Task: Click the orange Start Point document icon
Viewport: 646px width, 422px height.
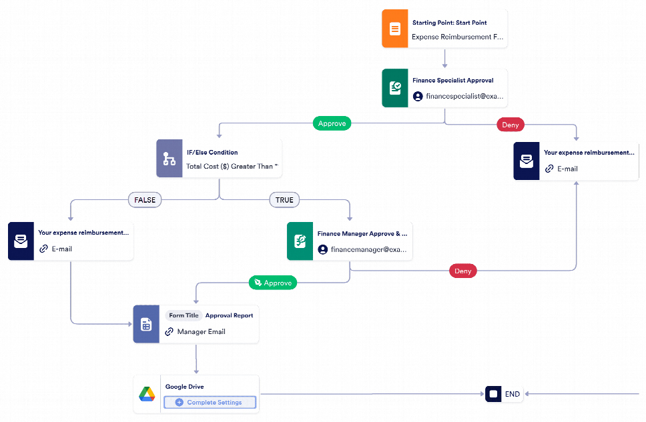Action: tap(394, 29)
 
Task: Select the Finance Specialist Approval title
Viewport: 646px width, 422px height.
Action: tap(452, 81)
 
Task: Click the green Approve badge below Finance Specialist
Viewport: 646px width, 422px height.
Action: tap(332, 123)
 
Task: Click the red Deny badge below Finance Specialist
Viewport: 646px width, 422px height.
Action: tap(511, 125)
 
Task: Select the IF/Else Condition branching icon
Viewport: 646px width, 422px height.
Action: tap(170, 159)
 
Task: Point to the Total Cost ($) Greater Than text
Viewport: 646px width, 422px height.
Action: tap(232, 167)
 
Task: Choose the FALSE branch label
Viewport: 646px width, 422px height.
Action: tap(145, 199)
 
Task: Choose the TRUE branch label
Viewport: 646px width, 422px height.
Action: tap(284, 199)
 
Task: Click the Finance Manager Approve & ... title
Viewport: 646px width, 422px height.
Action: tap(362, 234)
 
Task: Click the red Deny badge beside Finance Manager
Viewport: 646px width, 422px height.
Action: tap(463, 271)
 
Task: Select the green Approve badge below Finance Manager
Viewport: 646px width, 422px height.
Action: tap(272, 283)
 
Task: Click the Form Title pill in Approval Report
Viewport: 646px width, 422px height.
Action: tap(184, 315)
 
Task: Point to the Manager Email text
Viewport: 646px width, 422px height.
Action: tap(201, 331)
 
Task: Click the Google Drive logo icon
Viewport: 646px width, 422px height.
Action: tap(147, 395)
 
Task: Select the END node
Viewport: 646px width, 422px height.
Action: tap(505, 394)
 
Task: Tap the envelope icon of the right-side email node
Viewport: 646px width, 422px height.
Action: tap(527, 161)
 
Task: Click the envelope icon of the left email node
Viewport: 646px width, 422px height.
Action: tap(21, 241)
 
